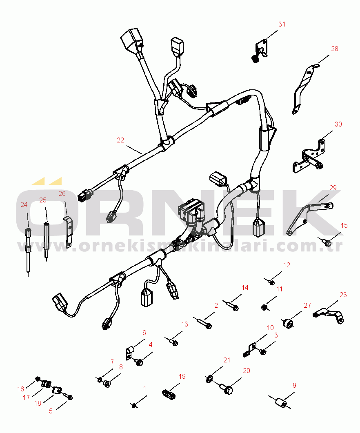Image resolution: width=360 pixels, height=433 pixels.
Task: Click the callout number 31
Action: pyautogui.click(x=282, y=24)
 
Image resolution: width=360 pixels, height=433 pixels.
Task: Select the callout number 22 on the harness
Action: pyautogui.click(x=120, y=140)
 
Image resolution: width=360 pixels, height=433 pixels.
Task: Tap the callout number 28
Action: pyautogui.click(x=335, y=49)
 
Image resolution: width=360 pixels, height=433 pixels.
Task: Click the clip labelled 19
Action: pyautogui.click(x=169, y=394)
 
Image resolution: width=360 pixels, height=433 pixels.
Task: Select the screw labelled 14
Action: pyautogui.click(x=232, y=305)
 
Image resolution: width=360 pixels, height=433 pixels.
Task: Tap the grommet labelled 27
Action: pyautogui.click(x=288, y=322)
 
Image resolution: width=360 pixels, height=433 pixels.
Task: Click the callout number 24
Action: pyautogui.click(x=24, y=204)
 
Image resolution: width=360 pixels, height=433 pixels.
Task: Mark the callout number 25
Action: pyautogui.click(x=43, y=200)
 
